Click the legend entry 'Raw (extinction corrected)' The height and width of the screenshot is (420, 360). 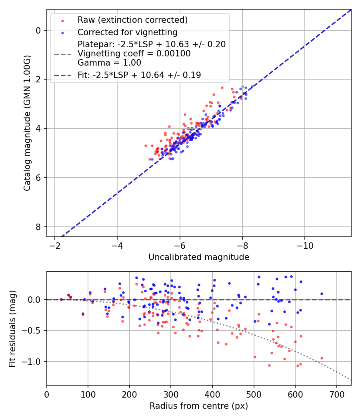coord(132,20)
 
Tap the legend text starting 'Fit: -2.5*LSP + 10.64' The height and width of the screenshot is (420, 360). coord(139,75)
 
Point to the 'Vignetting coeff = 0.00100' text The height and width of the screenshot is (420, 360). coord(134,54)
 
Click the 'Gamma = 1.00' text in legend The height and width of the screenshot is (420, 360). coord(109,63)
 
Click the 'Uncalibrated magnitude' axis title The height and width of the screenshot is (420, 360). coord(199,257)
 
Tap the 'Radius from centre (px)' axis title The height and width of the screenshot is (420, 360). coord(199,406)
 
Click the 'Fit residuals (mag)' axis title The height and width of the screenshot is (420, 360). coord(12,328)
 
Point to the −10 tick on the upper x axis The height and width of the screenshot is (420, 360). coord(305,244)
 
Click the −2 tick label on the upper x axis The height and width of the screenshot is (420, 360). coord(55,244)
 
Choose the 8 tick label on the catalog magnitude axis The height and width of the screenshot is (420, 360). coord(38,227)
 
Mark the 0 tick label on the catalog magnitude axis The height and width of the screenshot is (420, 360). coord(38,30)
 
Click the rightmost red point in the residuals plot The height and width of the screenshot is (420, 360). coord(322,358)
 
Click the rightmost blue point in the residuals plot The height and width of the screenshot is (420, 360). coord(322,294)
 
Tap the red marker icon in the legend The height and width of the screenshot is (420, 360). coord(62,20)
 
